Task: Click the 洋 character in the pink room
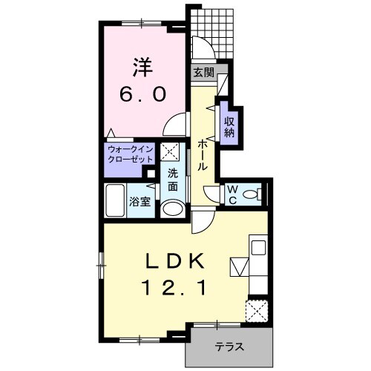pos(143,68)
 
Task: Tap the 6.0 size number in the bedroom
pos(142,95)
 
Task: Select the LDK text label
pos(175,262)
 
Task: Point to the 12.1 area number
pos(174,289)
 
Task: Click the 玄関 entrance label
pos(203,73)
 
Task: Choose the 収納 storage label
pos(229,128)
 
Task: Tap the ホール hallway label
pos(203,154)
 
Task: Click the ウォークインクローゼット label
pos(131,154)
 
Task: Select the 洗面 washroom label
pos(173,180)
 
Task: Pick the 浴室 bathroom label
pos(140,203)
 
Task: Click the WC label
pos(232,195)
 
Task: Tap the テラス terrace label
pos(229,347)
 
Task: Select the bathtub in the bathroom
pos(115,201)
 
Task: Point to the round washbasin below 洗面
pos(173,209)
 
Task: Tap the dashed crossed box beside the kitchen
pos(257,311)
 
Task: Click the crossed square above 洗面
pos(170,151)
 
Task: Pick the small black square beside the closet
pos(151,174)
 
